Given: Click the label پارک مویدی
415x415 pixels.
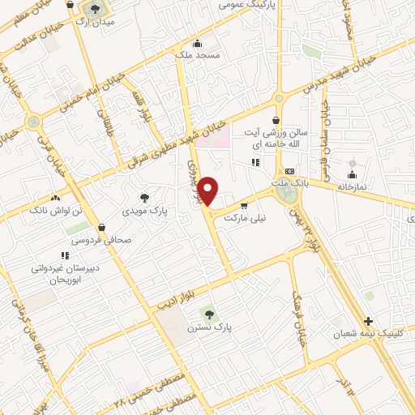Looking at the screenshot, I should pos(144,210).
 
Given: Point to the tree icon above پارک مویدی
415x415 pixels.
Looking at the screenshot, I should pos(144,196).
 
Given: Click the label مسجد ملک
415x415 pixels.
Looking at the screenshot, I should pos(198,57).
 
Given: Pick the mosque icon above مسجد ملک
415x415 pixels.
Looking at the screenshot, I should pos(197,43).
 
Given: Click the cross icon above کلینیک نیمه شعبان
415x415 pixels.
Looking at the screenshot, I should pos(369,321).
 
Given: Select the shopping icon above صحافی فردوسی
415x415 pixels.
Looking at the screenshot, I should pos(101,227).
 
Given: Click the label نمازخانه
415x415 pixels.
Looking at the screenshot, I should pos(353,187).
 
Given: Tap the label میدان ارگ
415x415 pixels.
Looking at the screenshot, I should pos(97,22).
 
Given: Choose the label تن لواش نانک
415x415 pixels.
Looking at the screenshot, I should pos(56,210).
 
